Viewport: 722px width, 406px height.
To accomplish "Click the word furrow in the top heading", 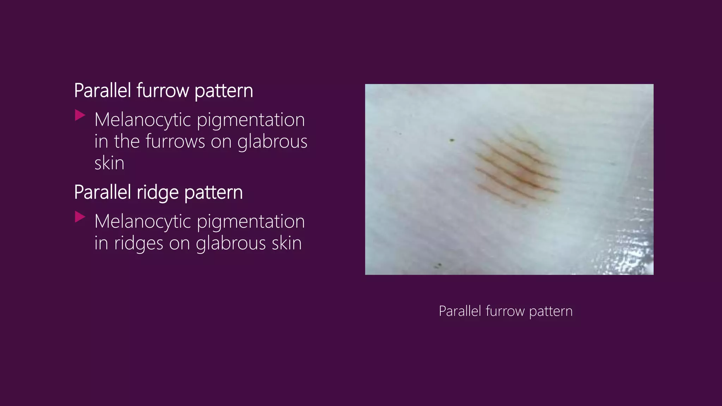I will [163, 91].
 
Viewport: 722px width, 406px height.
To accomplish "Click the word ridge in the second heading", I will [157, 192].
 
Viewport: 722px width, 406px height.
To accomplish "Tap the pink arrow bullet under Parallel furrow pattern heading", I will [80, 115].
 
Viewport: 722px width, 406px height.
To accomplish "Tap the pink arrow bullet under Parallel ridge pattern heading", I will [80, 217].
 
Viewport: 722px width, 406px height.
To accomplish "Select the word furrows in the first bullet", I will [175, 141].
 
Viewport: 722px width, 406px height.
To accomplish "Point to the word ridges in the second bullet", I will [139, 243].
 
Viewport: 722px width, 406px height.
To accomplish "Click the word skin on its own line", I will [109, 163].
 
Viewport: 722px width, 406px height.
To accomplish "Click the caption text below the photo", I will [505, 311].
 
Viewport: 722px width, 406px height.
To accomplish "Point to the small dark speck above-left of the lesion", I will [452, 140].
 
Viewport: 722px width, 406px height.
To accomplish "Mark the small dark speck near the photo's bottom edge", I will [439, 265].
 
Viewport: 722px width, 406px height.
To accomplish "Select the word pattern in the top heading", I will [224, 91].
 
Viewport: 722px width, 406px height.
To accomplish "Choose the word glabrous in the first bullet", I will [272, 141].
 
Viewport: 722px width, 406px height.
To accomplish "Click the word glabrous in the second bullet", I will [231, 243].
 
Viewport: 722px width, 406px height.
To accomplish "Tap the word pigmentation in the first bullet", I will [251, 119].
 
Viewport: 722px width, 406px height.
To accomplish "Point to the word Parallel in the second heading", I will [103, 192].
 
